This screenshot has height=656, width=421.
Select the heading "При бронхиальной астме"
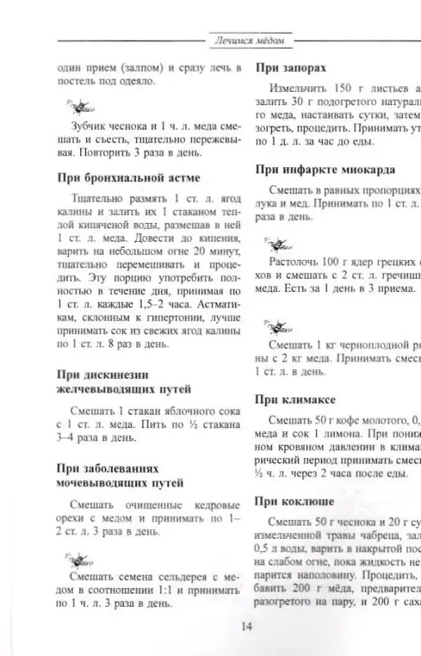(x=129, y=177)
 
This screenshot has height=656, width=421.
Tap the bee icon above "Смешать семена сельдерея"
(x=81, y=558)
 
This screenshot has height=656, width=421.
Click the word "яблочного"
(x=187, y=411)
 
